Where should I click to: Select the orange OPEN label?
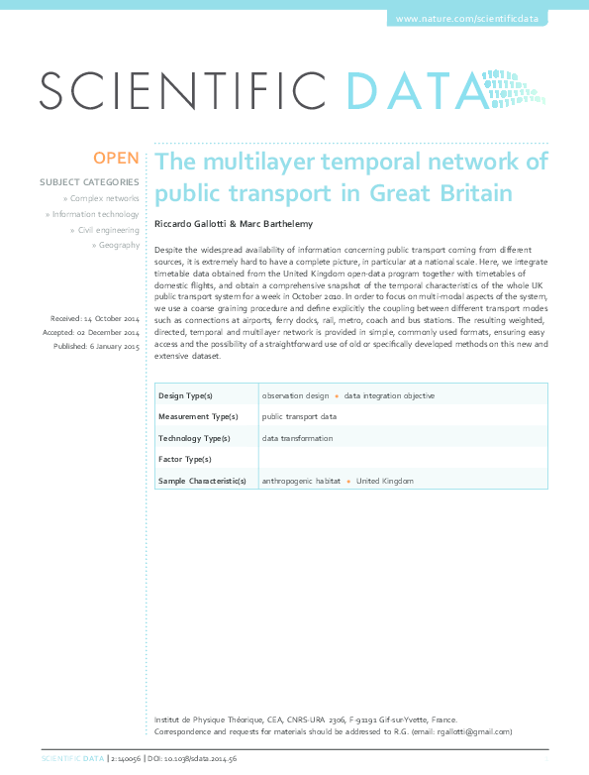116,159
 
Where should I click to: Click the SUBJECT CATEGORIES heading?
89,182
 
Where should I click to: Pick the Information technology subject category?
95,214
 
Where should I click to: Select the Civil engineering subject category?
108,230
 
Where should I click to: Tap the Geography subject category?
118,245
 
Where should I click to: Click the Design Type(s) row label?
186,395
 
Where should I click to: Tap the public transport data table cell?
299,417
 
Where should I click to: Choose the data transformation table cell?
297,438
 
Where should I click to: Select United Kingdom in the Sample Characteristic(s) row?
385,481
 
